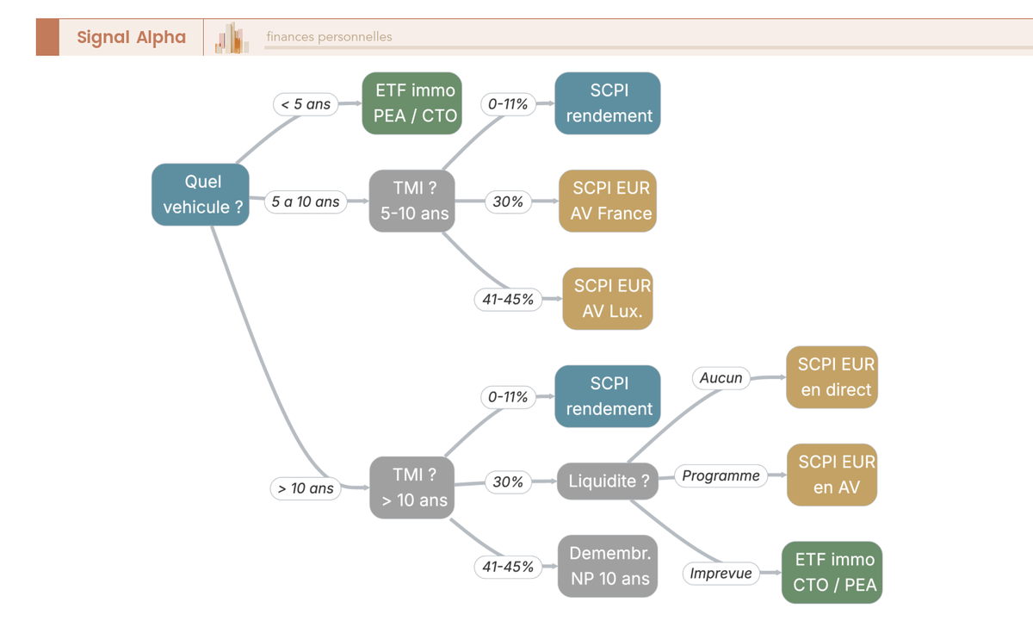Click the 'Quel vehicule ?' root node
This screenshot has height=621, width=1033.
coord(201,195)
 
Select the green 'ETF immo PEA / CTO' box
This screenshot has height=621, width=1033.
coord(411,102)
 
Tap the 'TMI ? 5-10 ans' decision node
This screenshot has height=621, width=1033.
coord(411,201)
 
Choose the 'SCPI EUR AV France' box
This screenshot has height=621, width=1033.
coord(608,201)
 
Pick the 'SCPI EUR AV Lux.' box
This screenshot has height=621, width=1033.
coord(608,299)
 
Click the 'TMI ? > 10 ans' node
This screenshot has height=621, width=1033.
coord(411,487)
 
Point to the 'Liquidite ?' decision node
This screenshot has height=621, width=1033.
coord(608,481)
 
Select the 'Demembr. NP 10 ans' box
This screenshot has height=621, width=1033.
coord(608,566)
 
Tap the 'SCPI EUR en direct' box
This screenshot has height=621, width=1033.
coord(832,377)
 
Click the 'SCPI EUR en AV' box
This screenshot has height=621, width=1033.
coord(832,475)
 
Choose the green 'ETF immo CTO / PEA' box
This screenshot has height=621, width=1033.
coord(832,573)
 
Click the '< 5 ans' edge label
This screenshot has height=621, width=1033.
coord(306,104)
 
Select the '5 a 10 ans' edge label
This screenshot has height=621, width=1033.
coord(306,202)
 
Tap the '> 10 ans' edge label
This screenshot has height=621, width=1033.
coord(306,488)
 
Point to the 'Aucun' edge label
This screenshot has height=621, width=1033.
coord(721,378)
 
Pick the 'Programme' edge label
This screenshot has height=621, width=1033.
coord(721,475)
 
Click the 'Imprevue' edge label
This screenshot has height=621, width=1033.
coord(721,574)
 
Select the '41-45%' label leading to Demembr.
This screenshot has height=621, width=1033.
coord(508,567)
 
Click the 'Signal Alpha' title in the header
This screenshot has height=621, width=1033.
coord(132,37)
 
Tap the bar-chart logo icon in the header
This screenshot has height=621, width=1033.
coord(232,38)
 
